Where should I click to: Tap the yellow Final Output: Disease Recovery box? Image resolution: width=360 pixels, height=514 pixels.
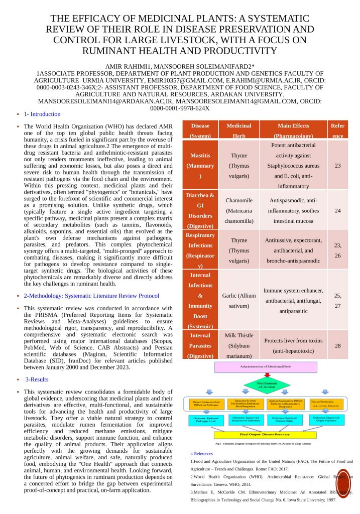266,435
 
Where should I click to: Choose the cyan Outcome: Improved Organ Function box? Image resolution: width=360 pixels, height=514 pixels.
329,420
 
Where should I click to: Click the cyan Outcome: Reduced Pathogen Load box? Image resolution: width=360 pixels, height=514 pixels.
206,420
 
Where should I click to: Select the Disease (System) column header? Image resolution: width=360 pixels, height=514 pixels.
200,130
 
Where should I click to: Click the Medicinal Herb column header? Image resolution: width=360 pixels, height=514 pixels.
239,130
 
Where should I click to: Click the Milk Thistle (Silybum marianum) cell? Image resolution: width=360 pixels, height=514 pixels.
239,345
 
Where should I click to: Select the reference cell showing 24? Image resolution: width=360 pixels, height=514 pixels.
337,211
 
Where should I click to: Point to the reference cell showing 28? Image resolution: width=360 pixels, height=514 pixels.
337,345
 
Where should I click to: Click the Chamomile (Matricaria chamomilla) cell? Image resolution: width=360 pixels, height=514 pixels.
239,211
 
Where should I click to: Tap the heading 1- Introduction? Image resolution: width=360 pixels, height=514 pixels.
42,114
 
